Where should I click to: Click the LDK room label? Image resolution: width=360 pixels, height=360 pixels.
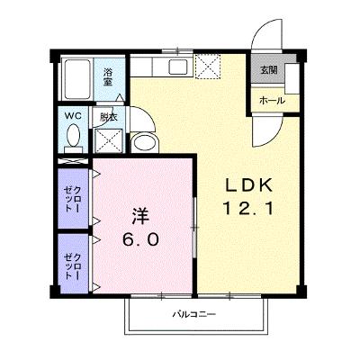248,185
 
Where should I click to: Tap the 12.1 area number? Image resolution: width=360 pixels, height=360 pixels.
248,208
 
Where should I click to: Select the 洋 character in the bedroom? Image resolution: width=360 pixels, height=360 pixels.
140,216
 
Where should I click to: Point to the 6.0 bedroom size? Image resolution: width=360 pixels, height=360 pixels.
140,239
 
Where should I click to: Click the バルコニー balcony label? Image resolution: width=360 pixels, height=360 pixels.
194,314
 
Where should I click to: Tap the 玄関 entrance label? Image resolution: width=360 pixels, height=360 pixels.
268,70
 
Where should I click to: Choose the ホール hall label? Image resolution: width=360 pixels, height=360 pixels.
272,101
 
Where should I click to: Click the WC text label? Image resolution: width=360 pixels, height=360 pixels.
73,115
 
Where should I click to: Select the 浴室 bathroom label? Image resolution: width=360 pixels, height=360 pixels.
108,77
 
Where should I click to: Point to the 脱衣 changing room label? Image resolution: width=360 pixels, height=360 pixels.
109,117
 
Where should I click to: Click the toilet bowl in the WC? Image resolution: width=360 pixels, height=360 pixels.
74,136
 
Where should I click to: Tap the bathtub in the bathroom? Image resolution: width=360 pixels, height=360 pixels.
77,79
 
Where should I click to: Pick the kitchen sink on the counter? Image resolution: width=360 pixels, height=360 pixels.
178,67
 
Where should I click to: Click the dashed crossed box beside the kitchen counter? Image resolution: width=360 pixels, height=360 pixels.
208,67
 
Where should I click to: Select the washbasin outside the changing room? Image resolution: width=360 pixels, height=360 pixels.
144,142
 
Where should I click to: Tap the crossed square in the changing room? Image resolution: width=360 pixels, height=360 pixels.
109,140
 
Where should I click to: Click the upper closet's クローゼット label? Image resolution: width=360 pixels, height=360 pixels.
73,199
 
